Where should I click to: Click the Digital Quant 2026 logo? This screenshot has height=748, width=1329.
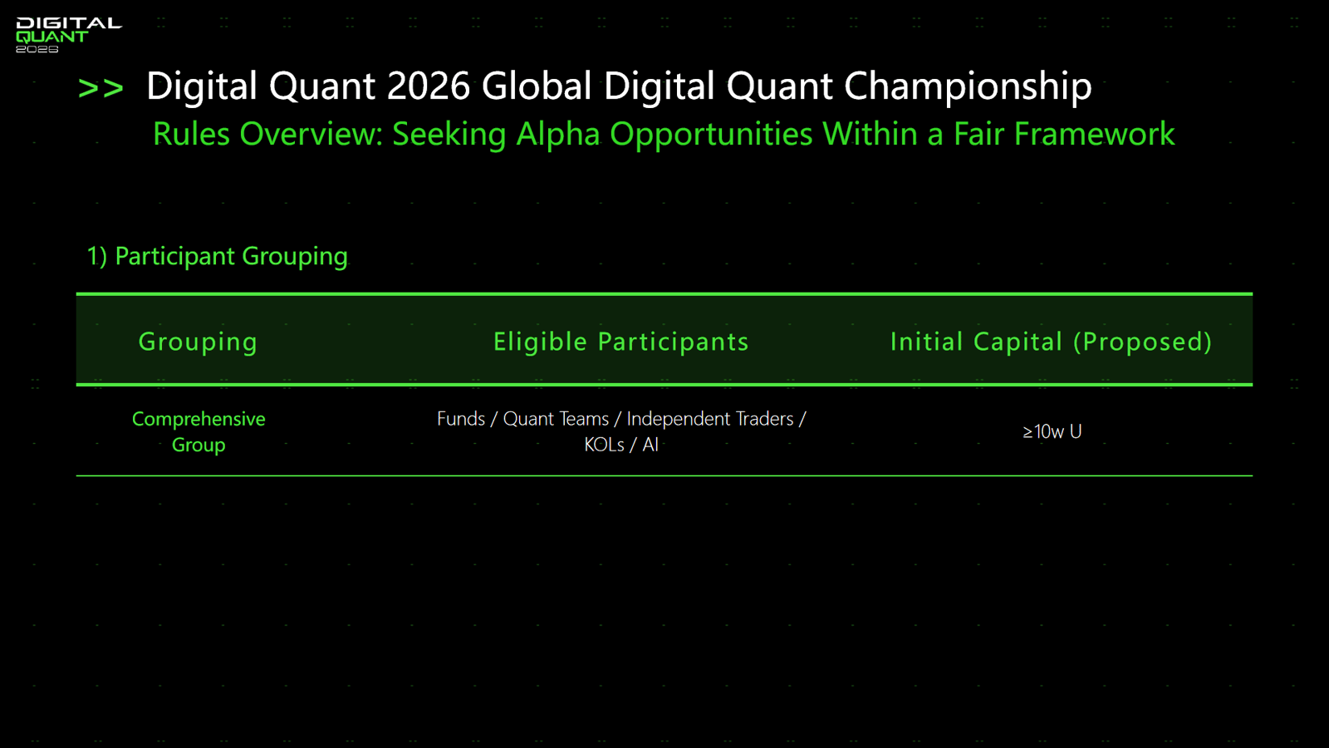(69, 35)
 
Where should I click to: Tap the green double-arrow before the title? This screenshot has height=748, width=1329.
(101, 88)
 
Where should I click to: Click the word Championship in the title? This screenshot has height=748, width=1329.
(968, 87)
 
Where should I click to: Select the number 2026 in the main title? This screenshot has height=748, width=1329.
(429, 86)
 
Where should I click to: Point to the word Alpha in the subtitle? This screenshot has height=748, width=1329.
(557, 135)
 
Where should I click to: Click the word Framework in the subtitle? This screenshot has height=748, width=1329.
(1094, 134)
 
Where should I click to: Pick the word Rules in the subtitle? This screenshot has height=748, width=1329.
(191, 134)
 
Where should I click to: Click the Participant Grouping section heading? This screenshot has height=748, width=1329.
(217, 257)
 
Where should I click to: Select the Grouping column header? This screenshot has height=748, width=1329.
(199, 342)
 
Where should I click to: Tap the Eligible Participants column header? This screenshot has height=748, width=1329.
(621, 342)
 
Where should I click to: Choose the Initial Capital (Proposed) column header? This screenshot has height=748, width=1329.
(1052, 342)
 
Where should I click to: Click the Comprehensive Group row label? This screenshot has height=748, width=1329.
(199, 431)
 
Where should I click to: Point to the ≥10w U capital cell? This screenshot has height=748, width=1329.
(1052, 431)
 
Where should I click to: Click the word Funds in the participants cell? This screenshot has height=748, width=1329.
(461, 419)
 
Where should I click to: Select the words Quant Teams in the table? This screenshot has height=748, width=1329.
(556, 419)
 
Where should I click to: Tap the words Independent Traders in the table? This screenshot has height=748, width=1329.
(710, 419)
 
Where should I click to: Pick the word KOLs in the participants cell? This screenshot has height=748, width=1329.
(604, 445)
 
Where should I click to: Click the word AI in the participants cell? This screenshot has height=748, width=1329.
(650, 445)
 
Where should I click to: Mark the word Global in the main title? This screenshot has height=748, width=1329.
(537, 86)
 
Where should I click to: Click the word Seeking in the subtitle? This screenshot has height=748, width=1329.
(449, 135)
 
